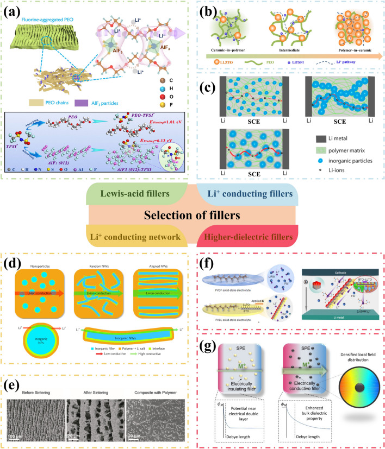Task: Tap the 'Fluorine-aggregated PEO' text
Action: pyautogui.click(x=53, y=21)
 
